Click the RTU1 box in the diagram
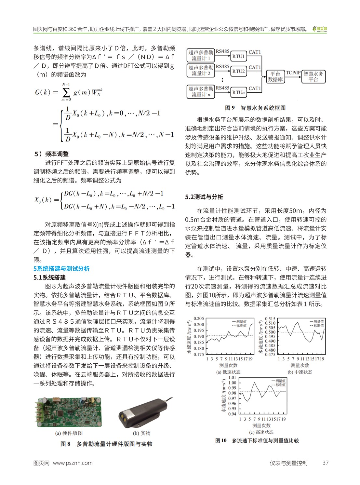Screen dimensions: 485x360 tap(238, 56)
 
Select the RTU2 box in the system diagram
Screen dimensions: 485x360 tap(238, 71)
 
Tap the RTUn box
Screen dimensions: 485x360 tap(238, 92)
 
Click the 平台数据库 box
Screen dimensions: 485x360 tap(275, 77)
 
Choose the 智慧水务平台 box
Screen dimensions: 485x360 tap(313, 77)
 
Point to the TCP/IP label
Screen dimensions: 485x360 tap(293, 73)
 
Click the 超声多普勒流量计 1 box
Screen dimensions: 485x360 tap(200, 56)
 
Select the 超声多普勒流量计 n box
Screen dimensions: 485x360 tap(200, 92)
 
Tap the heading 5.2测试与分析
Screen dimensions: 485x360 tap(204, 197)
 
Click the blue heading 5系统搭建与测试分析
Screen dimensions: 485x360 tap(61, 269)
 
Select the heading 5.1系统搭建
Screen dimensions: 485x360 tap(49, 277)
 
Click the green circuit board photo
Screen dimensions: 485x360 tap(68, 412)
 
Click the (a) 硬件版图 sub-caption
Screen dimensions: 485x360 tap(69, 433)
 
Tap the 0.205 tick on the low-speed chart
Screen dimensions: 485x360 tap(199, 318)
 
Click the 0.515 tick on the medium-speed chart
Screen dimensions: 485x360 tap(270, 319)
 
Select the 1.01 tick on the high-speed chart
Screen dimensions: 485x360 tap(232, 378)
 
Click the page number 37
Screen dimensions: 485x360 tap(325, 463)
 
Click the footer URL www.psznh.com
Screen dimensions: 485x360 tap(73, 463)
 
